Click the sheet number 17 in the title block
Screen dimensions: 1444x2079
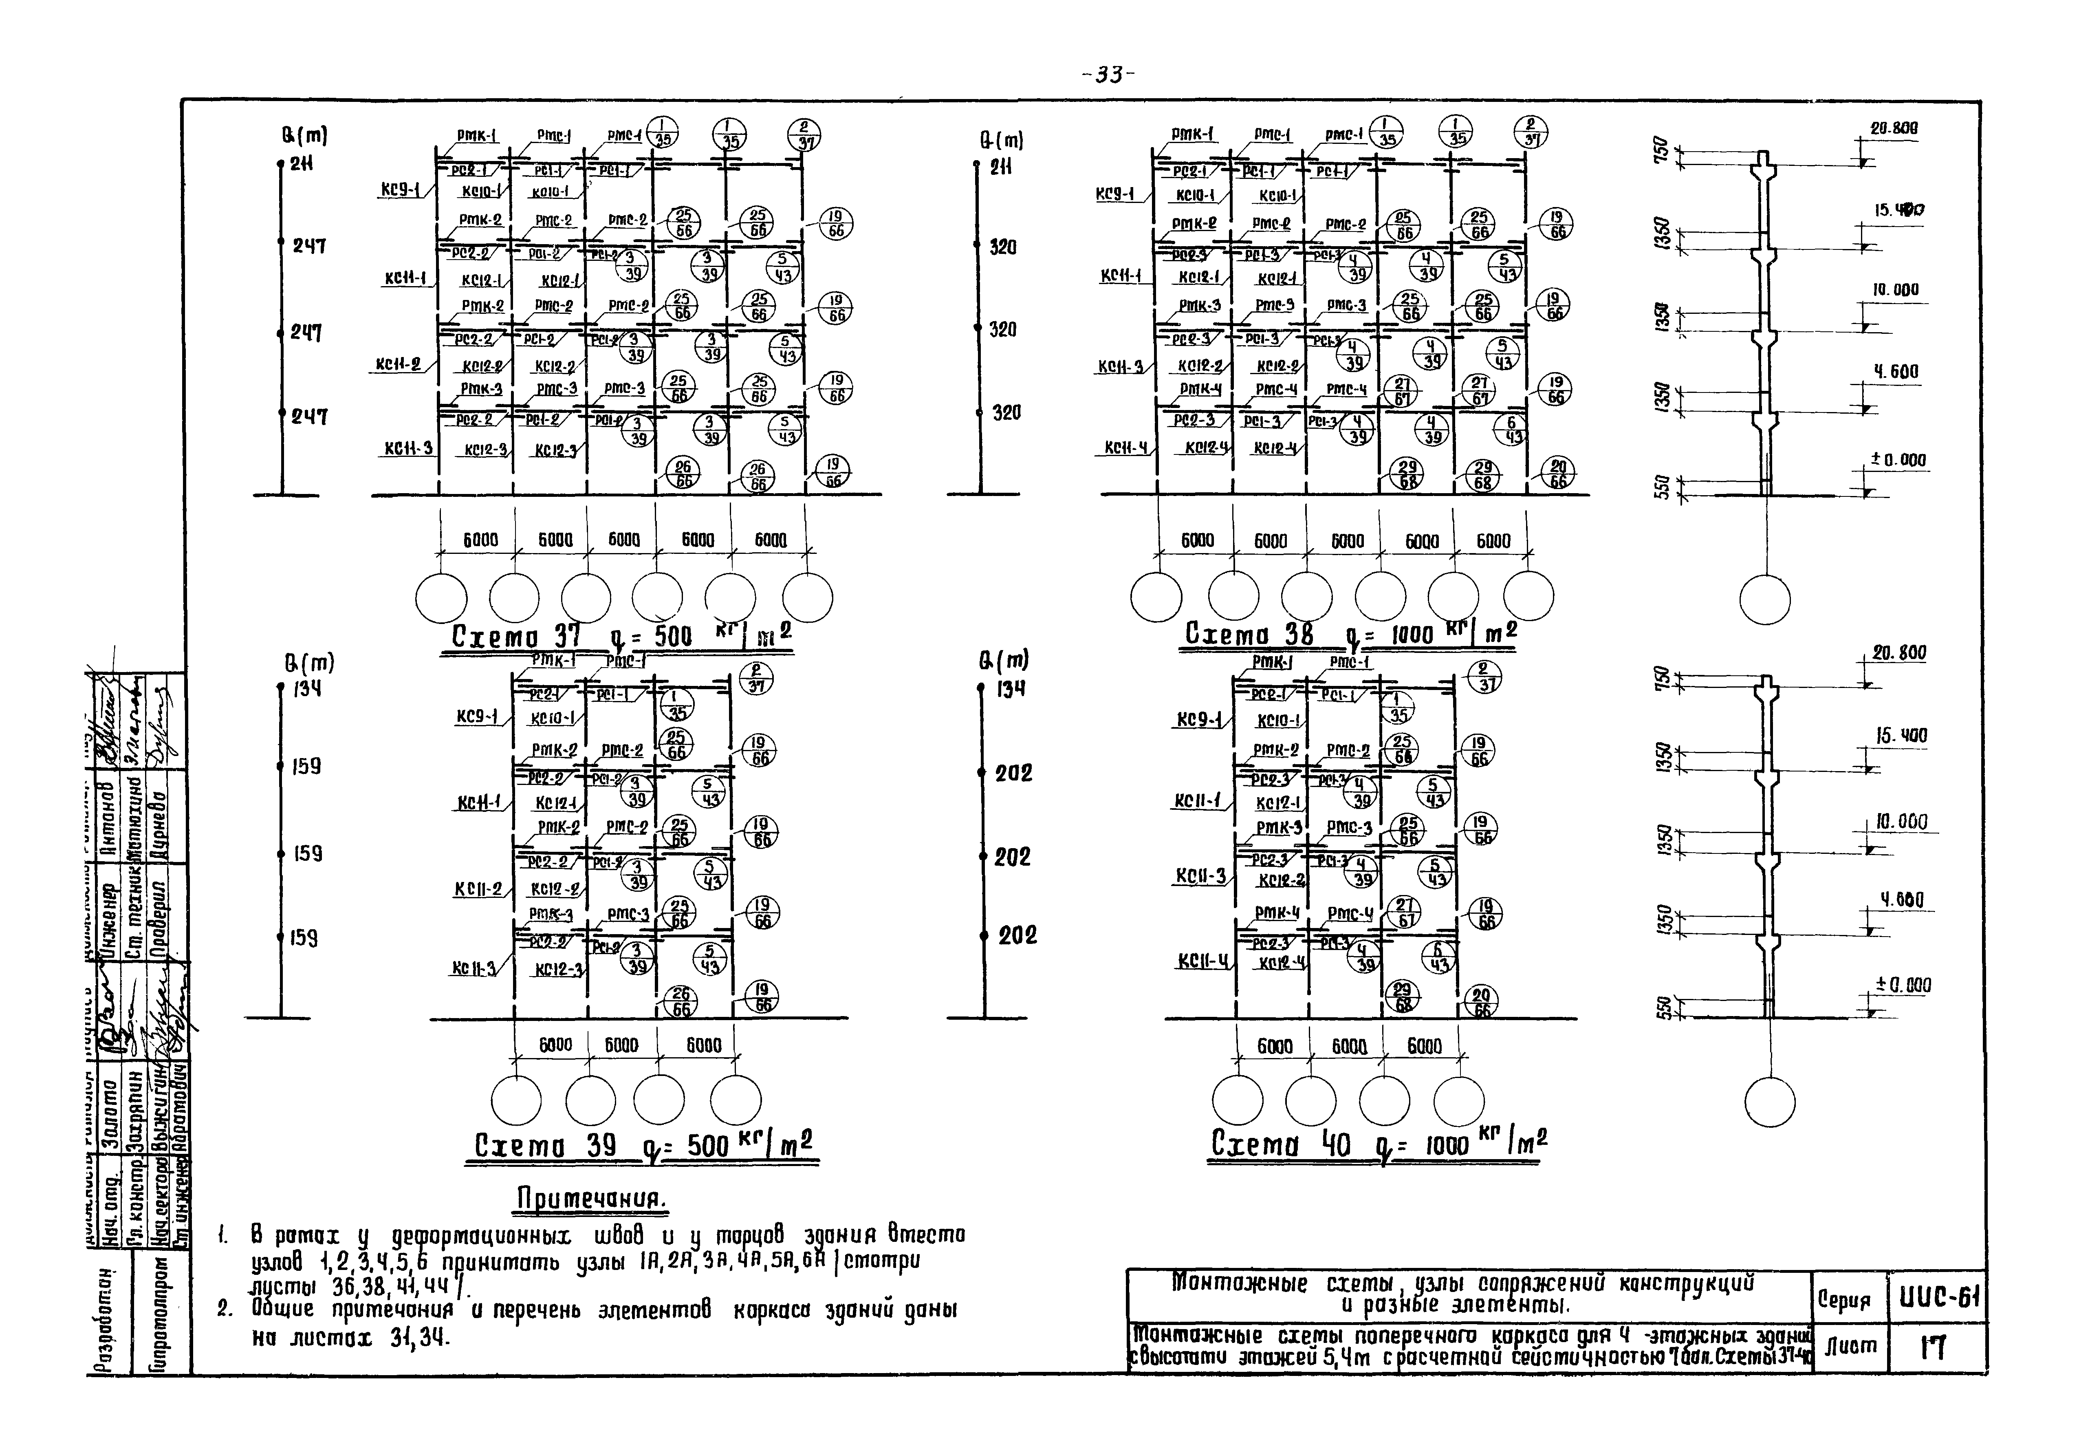click(x=1934, y=1349)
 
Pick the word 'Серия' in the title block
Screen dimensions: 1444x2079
click(x=1844, y=1301)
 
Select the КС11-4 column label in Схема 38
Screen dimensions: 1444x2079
click(x=1123, y=448)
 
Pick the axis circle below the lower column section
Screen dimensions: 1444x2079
click(x=1770, y=1104)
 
